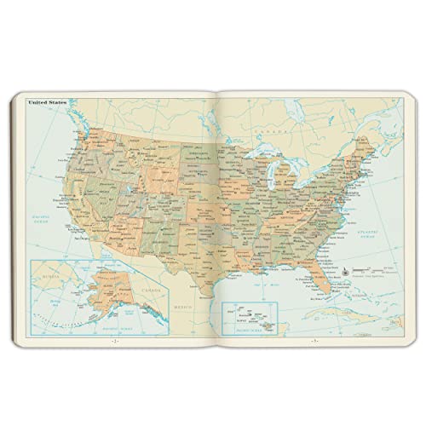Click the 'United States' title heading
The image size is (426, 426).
pos(48,103)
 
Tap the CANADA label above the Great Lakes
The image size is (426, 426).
pos(270,134)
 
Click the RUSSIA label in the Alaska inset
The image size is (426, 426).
pos(41,276)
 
